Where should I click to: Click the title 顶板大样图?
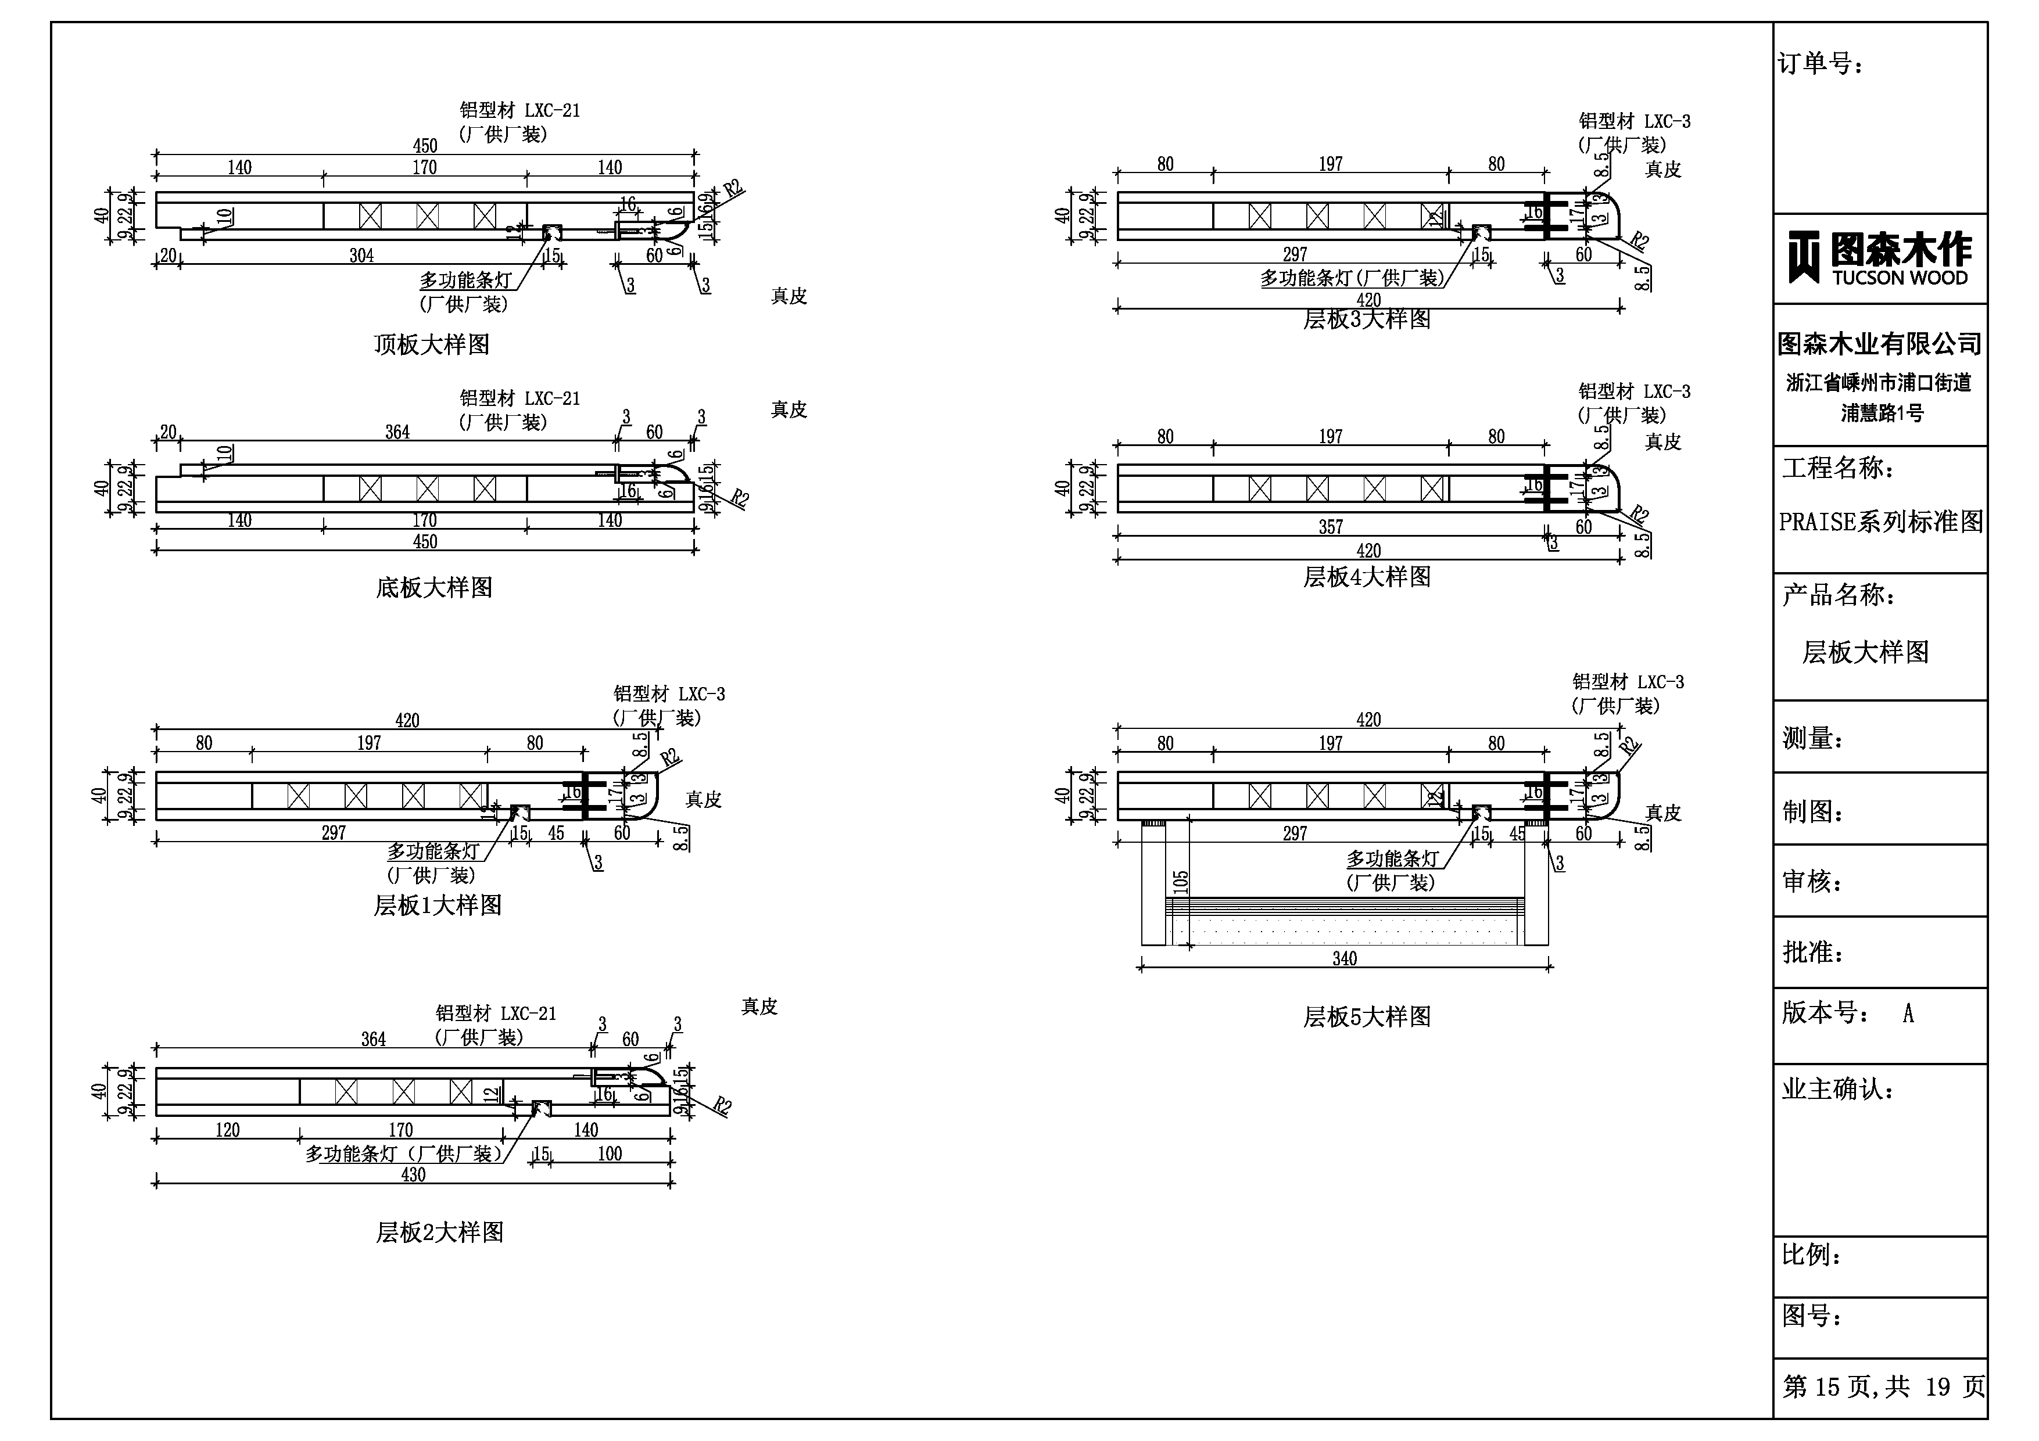(432, 344)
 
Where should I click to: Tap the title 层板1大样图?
(438, 905)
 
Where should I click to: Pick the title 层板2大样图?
(440, 1232)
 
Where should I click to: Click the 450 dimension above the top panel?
(425, 146)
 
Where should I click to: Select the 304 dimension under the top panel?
(361, 256)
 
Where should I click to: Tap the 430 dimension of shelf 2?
(413, 1174)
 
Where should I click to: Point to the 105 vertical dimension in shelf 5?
(1180, 882)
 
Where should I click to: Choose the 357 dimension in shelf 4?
(1330, 527)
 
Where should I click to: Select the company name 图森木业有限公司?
(1879, 344)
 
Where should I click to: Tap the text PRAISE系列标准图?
(1880, 522)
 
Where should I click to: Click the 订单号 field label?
(1820, 64)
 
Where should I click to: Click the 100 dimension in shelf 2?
(609, 1154)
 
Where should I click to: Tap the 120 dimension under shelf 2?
(227, 1130)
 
